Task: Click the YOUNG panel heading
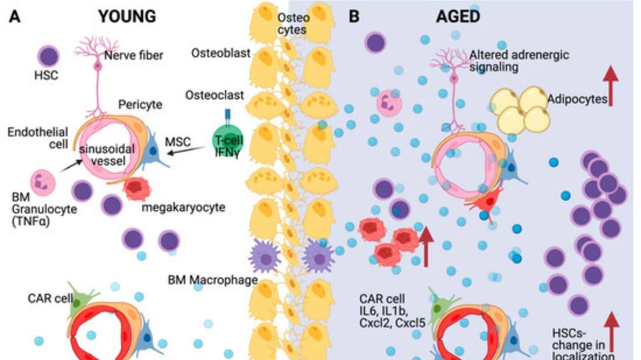coord(127,16)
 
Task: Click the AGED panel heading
coord(457,16)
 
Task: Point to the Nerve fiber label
coord(133,56)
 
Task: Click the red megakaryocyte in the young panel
coord(137,190)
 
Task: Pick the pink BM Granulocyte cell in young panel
coord(43,182)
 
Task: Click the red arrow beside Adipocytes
coord(611,86)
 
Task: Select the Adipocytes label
coord(576,99)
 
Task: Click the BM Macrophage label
coord(213,280)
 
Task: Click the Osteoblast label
coord(221,54)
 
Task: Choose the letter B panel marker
coord(354,16)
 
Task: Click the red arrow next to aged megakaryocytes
coord(426,245)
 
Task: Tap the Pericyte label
coord(139,105)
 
